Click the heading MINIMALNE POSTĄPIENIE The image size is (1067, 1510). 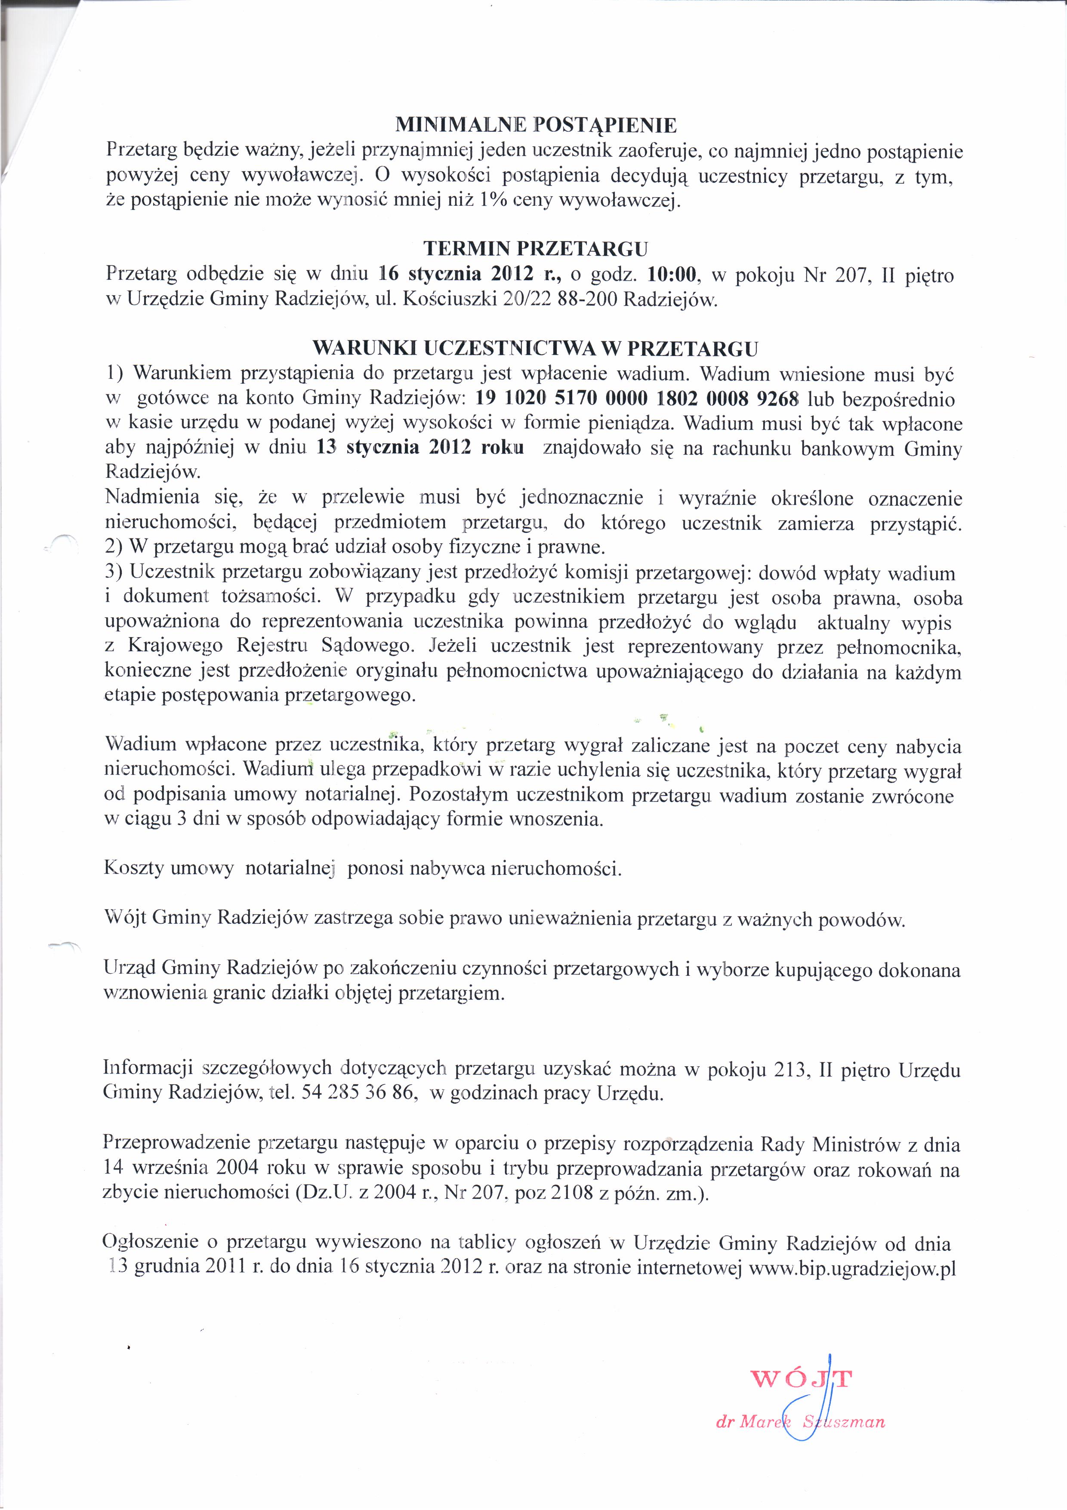click(535, 124)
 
